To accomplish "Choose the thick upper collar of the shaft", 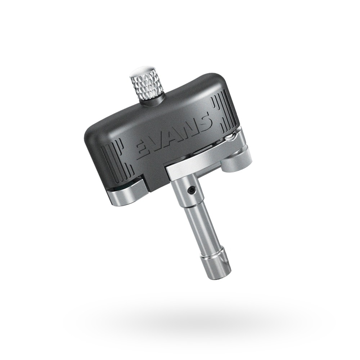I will [185, 193].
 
